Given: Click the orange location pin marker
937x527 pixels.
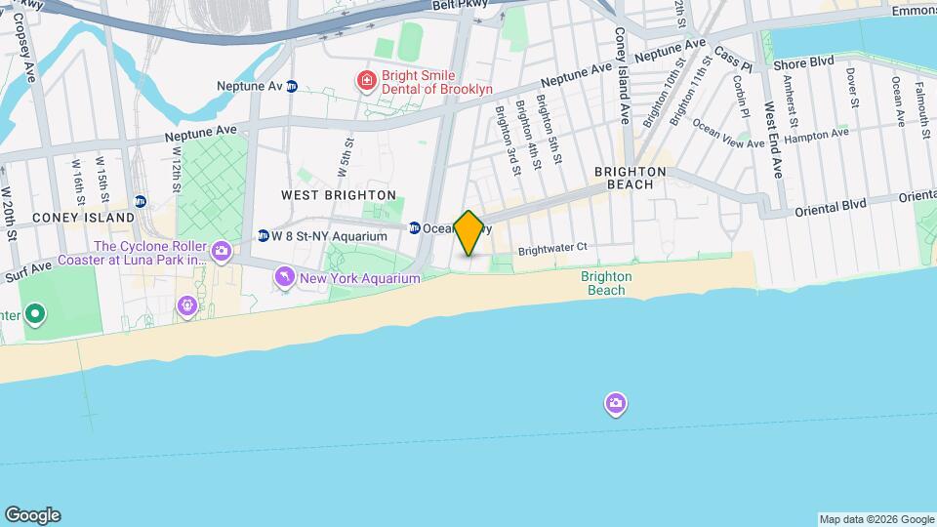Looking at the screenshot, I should pyautogui.click(x=468, y=232).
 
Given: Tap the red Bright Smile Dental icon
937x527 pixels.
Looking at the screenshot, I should pyautogui.click(x=366, y=78).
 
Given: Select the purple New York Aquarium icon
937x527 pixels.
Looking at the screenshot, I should pyautogui.click(x=285, y=278).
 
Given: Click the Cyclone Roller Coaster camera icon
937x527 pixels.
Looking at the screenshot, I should pyautogui.click(x=222, y=252).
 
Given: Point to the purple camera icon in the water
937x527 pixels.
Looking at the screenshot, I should pyautogui.click(x=615, y=403).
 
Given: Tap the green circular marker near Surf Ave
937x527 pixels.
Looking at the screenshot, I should pyautogui.click(x=35, y=314).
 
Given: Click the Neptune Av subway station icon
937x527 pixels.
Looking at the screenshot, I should pyautogui.click(x=291, y=86).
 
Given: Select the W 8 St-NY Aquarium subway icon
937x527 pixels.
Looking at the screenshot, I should pyautogui.click(x=263, y=236).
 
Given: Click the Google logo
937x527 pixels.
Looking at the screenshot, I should pyautogui.click(x=32, y=515).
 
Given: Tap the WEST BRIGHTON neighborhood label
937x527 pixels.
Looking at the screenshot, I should pyautogui.click(x=338, y=195).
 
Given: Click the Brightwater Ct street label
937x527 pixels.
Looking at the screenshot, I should pyautogui.click(x=552, y=248).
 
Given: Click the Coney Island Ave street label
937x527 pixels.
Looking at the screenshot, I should pyautogui.click(x=622, y=74).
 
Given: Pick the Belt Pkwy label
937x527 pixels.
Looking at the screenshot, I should pyautogui.click(x=460, y=6).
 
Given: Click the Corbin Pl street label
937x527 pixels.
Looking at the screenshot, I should pyautogui.click(x=742, y=98).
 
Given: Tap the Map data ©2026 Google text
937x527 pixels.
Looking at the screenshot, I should pyautogui.click(x=876, y=519).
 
